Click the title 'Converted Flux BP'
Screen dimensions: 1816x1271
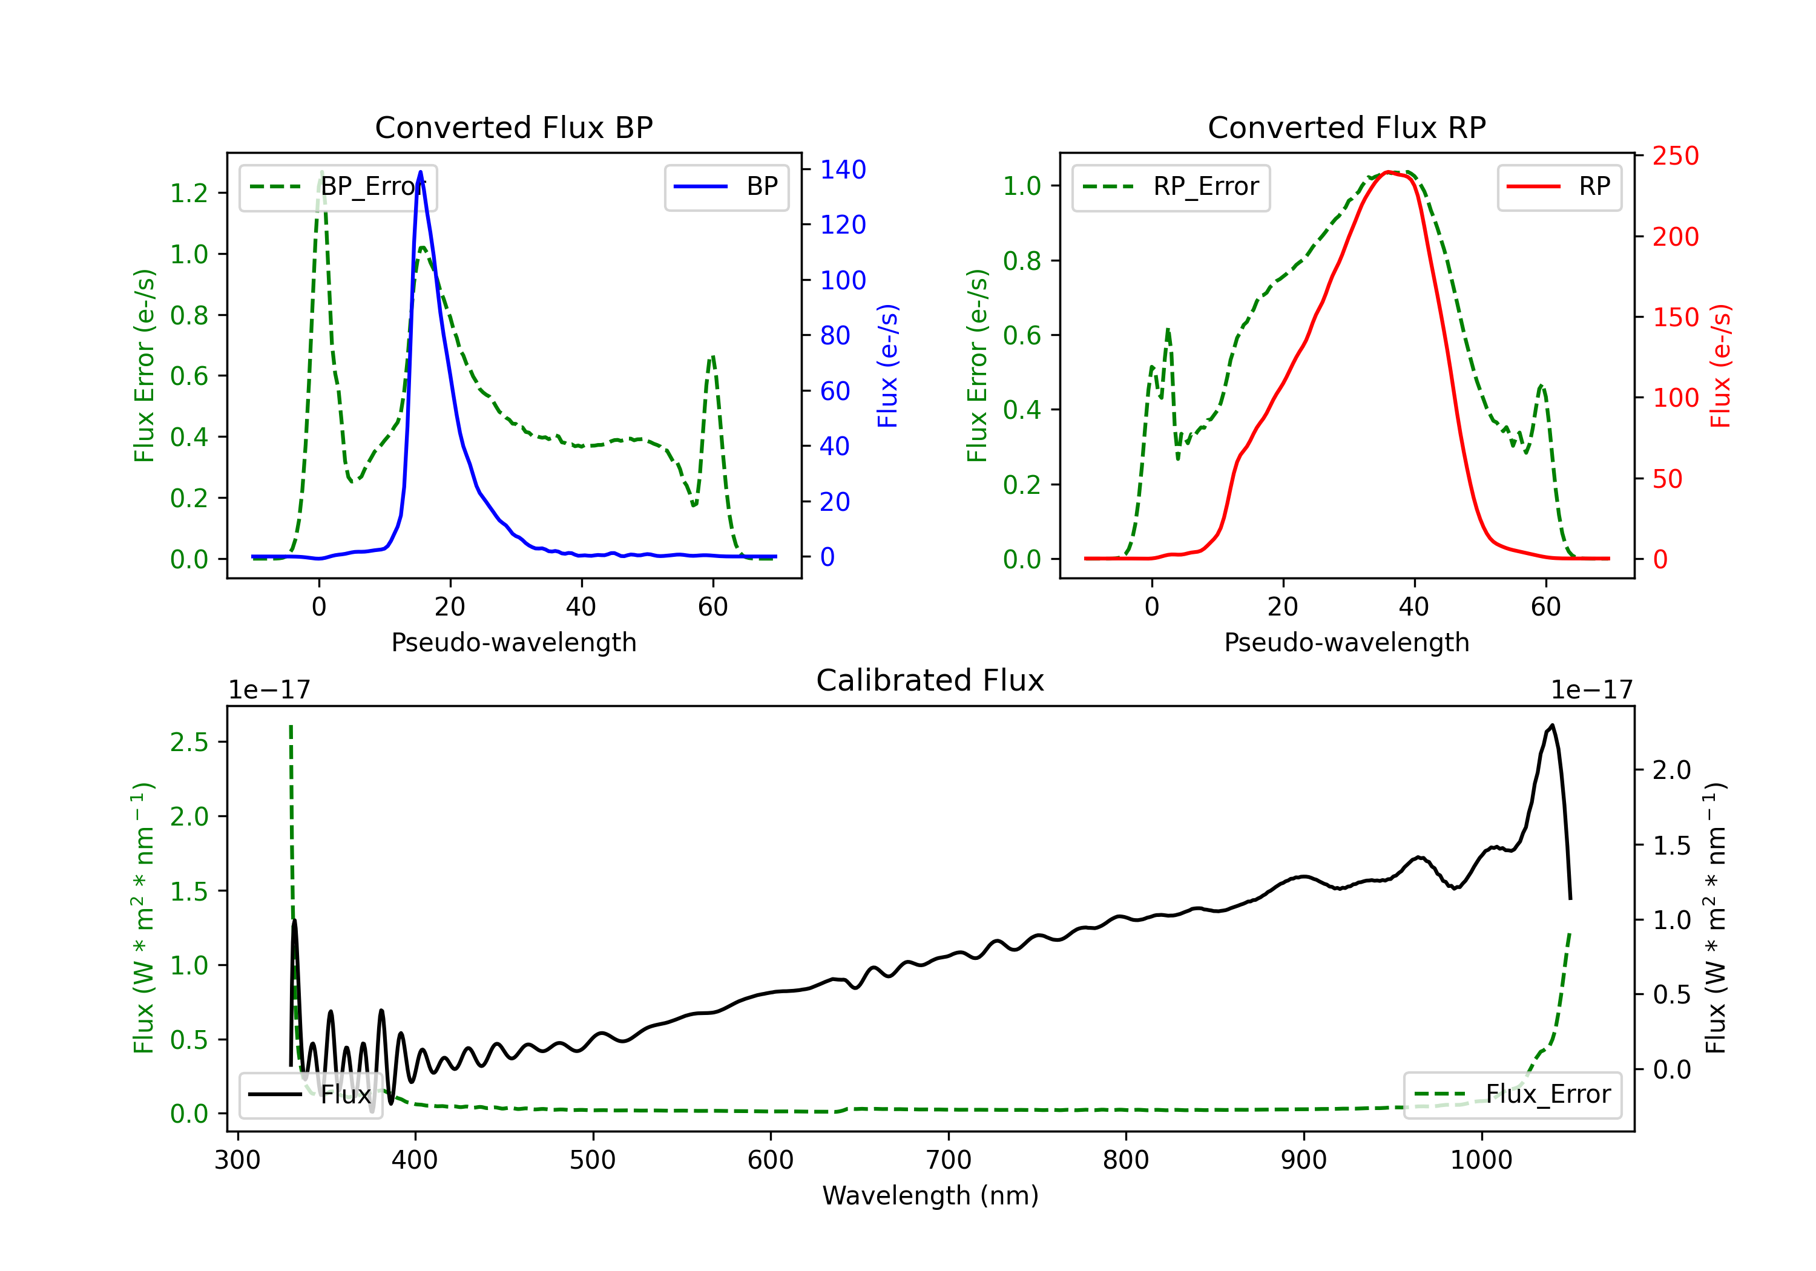point(514,127)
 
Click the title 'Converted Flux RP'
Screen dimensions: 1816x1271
point(1347,127)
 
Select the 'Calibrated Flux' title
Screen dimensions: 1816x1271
point(930,680)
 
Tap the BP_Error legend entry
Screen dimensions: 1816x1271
point(338,186)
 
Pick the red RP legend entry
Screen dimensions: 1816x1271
point(1559,186)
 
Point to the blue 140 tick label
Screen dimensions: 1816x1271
point(843,169)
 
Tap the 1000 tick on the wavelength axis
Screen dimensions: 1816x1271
point(1481,1160)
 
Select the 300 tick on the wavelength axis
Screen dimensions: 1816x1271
point(237,1160)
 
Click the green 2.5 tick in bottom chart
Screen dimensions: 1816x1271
point(189,742)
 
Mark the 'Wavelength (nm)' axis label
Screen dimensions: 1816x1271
point(930,1195)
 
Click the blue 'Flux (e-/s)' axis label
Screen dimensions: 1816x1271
point(887,366)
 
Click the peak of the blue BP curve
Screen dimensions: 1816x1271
point(420,172)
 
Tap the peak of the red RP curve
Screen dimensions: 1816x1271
point(1388,172)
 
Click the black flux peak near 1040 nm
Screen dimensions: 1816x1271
point(1553,725)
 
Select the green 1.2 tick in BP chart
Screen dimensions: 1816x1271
point(189,193)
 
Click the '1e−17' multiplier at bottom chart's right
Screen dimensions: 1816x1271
point(1591,690)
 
